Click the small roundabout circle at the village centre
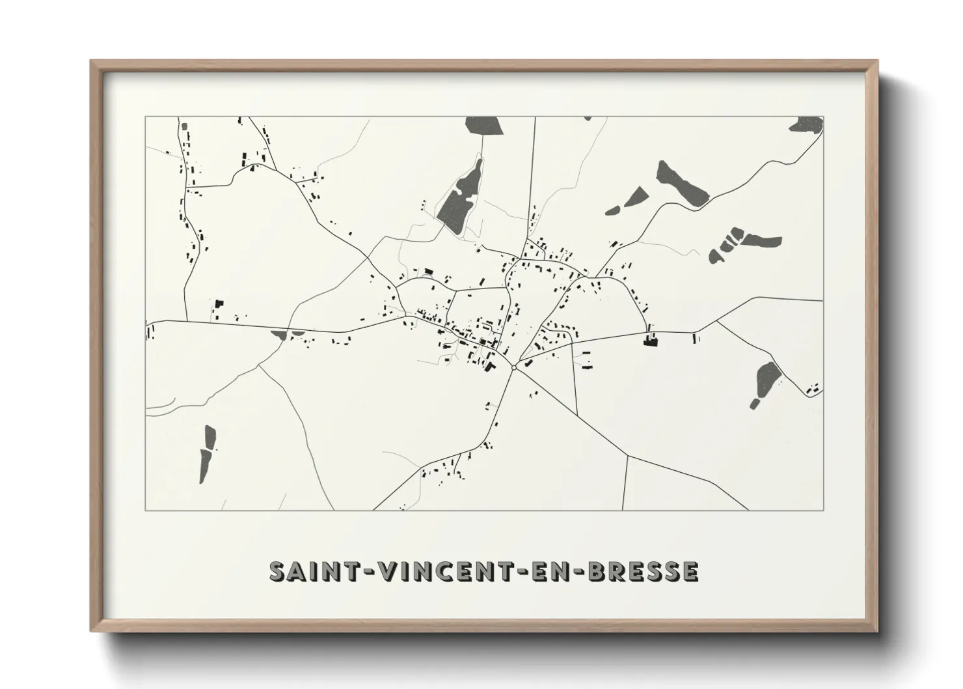coord(514,368)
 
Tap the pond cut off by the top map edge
coord(484,125)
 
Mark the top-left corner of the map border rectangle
coord(145,117)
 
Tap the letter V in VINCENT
coord(390,571)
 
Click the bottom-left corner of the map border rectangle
coord(145,510)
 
